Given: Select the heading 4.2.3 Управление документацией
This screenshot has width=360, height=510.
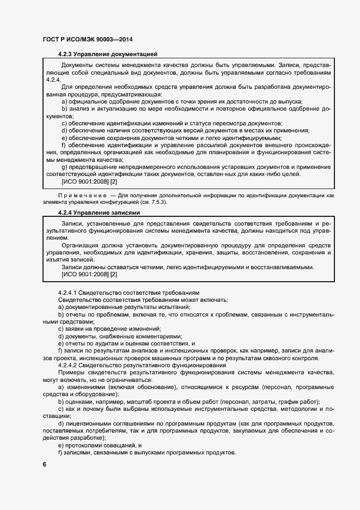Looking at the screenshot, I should pyautogui.click(x=107, y=54).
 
